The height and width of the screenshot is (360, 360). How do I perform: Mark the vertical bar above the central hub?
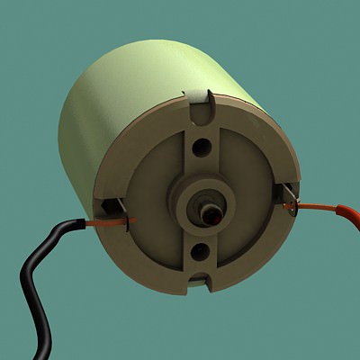[x=202, y=153]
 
